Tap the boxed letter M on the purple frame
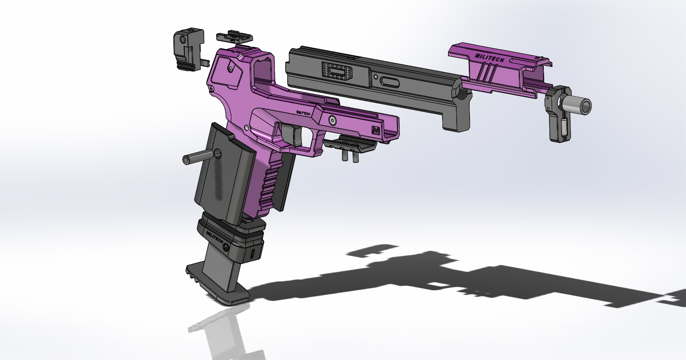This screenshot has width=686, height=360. click(375, 130)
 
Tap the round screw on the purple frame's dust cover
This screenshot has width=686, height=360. click(332, 119)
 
